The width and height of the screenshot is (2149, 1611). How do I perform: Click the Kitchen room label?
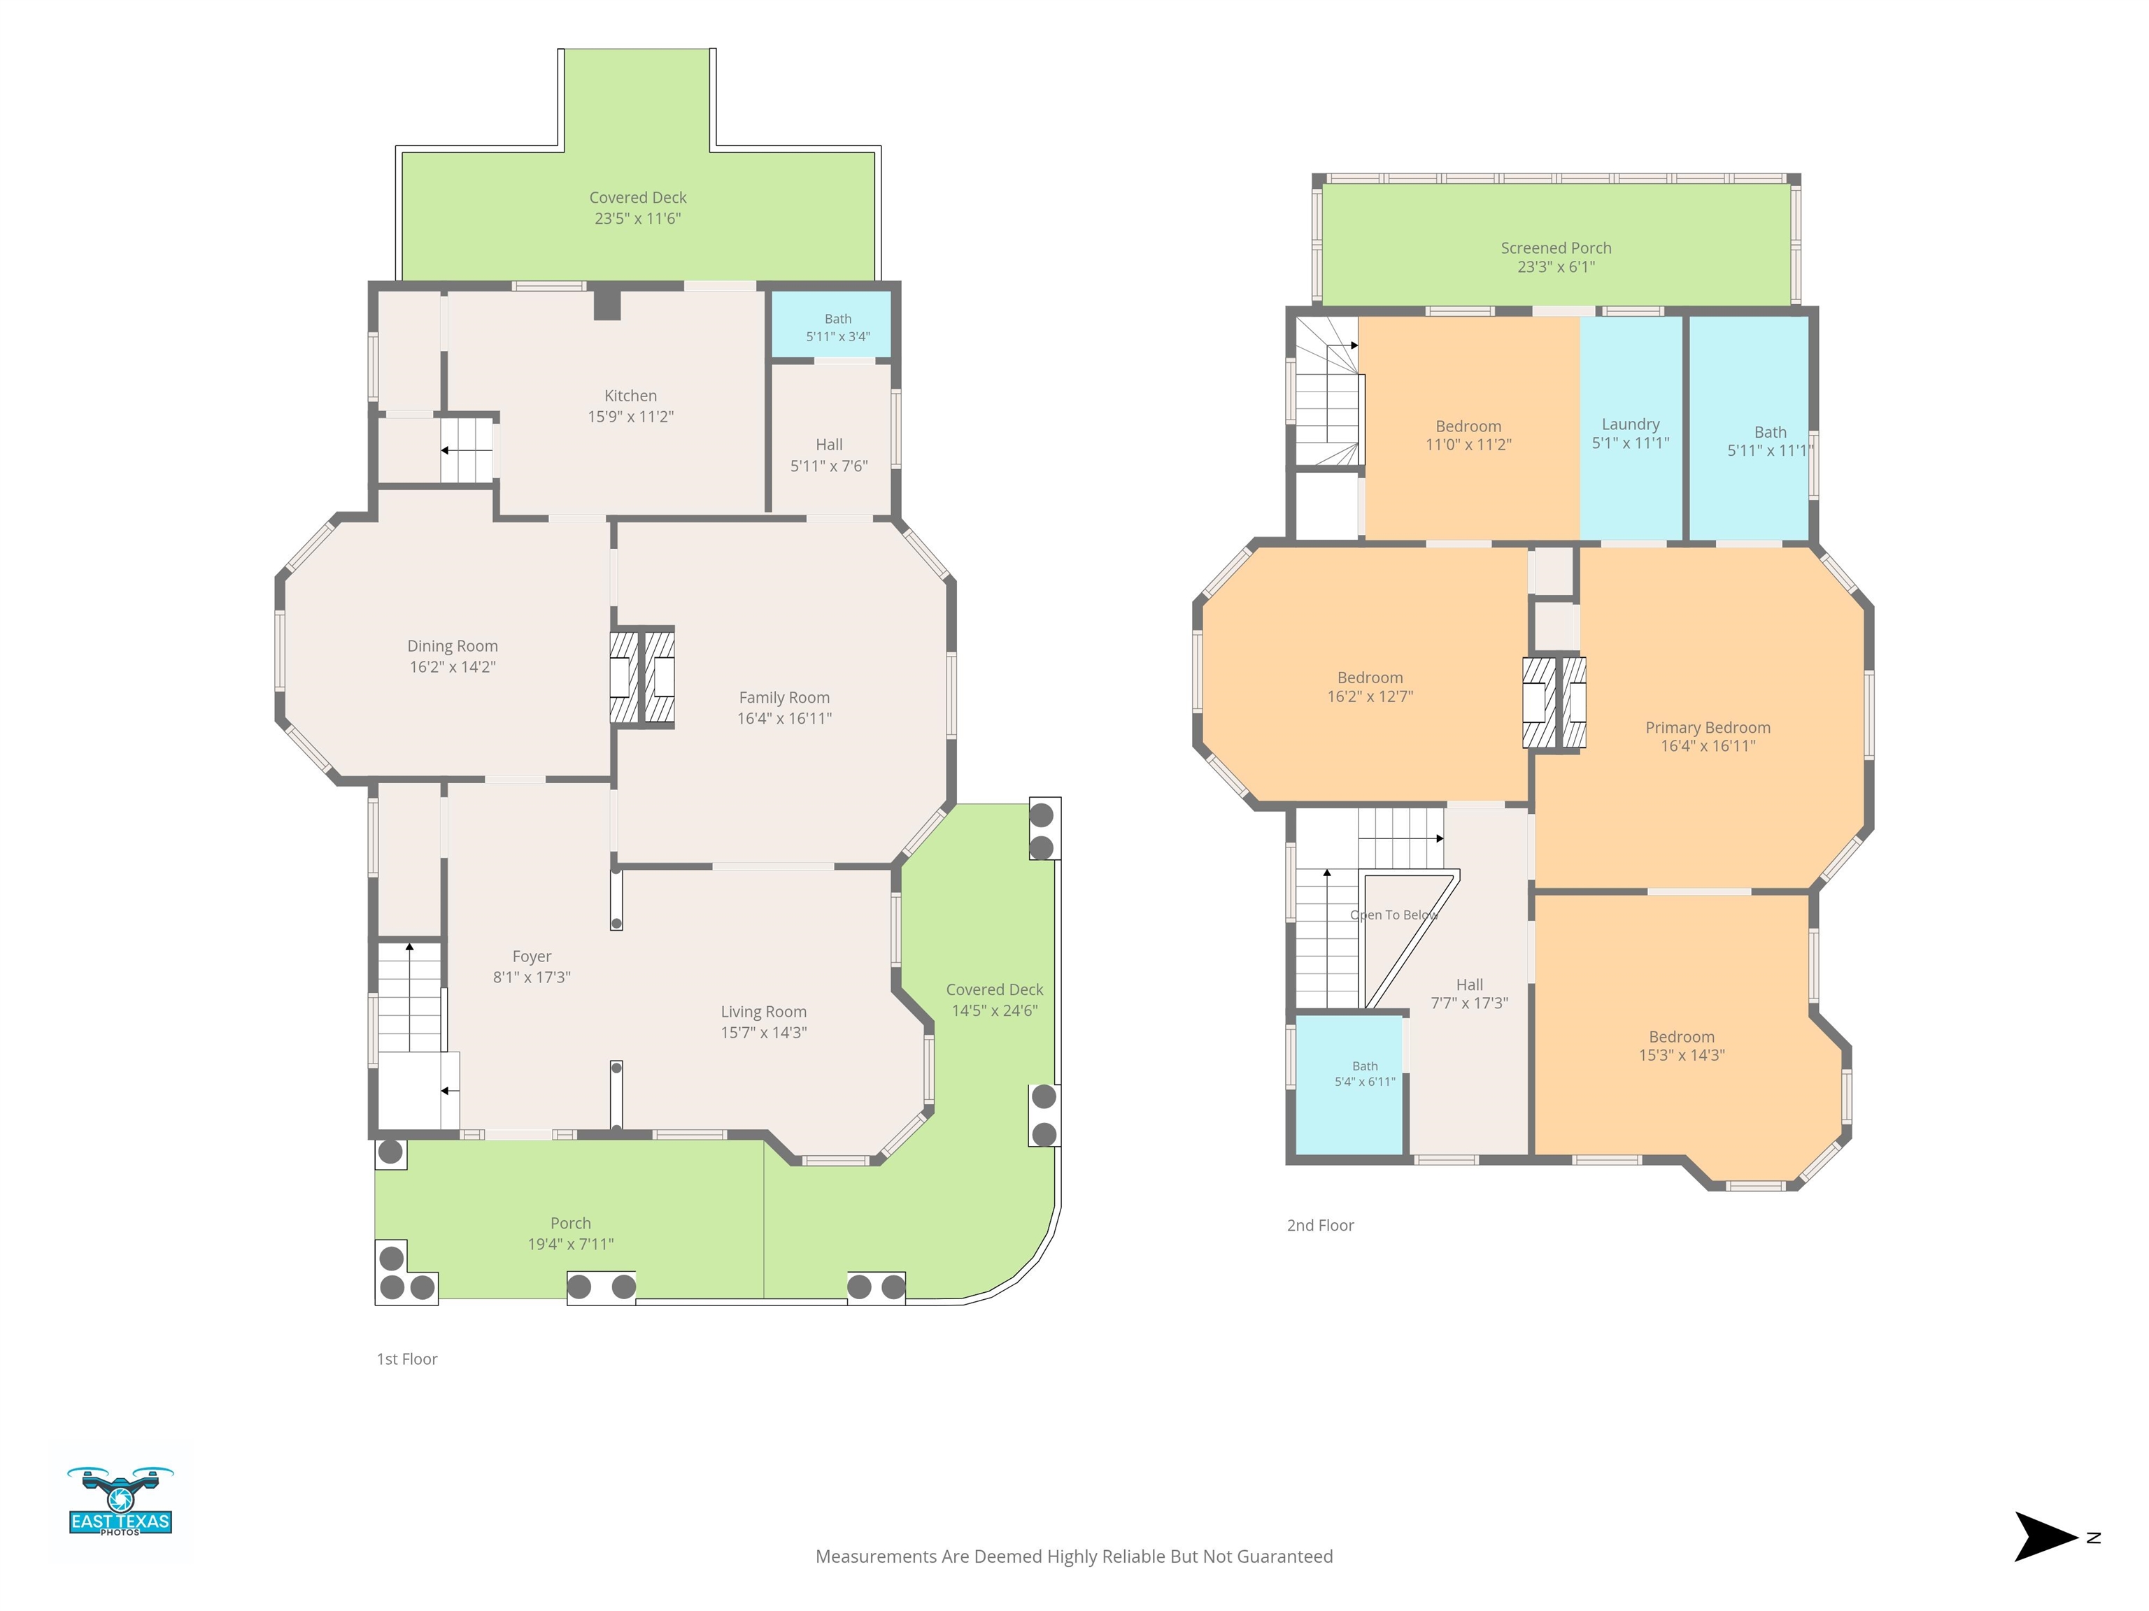click(x=630, y=396)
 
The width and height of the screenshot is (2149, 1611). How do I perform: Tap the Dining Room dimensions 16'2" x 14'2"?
click(x=453, y=667)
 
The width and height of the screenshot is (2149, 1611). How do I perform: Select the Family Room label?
click(x=784, y=699)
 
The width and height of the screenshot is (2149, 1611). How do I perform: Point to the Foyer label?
click(x=532, y=957)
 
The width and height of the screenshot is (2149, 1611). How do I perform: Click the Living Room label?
click(x=764, y=1012)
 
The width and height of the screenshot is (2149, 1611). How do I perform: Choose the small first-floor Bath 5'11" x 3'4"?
click(x=837, y=328)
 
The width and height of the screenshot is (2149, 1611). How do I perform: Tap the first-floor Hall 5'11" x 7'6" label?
click(x=829, y=455)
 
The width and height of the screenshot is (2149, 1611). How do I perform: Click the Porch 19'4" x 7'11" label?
click(x=570, y=1233)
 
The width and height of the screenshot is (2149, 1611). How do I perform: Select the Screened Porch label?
click(x=1555, y=249)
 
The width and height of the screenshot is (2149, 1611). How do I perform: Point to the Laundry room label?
click(x=1630, y=424)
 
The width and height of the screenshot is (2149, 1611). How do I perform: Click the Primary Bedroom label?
click(x=1708, y=729)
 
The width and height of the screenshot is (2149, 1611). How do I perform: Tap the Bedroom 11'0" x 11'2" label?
click(x=1468, y=435)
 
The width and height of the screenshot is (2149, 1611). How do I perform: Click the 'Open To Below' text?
click(x=1394, y=915)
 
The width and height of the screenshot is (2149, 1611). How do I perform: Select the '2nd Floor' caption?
click(x=1320, y=1226)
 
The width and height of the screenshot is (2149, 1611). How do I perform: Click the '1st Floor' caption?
click(x=407, y=1359)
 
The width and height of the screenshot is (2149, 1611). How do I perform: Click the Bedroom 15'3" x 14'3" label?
click(x=1682, y=1046)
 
